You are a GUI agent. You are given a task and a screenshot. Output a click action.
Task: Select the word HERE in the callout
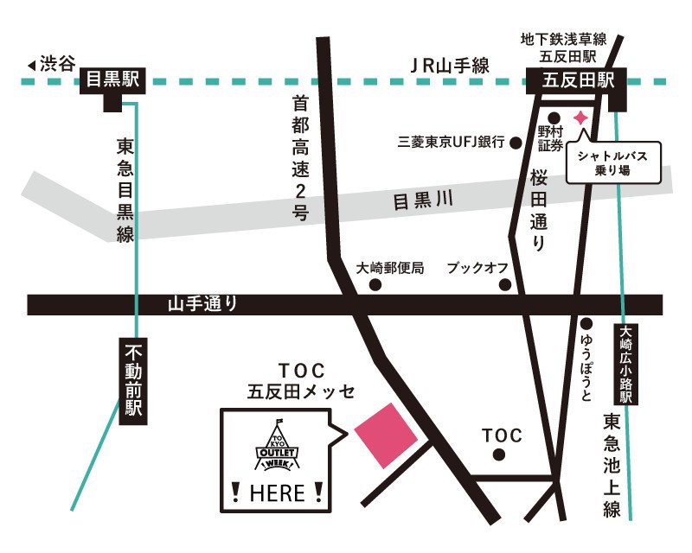tap(277, 493)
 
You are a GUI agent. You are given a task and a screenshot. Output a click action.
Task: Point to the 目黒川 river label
tap(424, 202)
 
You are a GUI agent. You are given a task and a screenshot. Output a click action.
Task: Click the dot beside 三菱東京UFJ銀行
tap(515, 143)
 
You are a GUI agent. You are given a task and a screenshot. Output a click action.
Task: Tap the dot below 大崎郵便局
tap(375, 285)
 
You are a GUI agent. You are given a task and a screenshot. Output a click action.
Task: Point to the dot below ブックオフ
tap(507, 285)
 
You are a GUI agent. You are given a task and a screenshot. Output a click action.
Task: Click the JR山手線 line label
tap(450, 65)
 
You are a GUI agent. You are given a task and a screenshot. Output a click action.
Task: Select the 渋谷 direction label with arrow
tap(52, 64)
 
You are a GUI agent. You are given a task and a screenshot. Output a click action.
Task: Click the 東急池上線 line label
tap(612, 467)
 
